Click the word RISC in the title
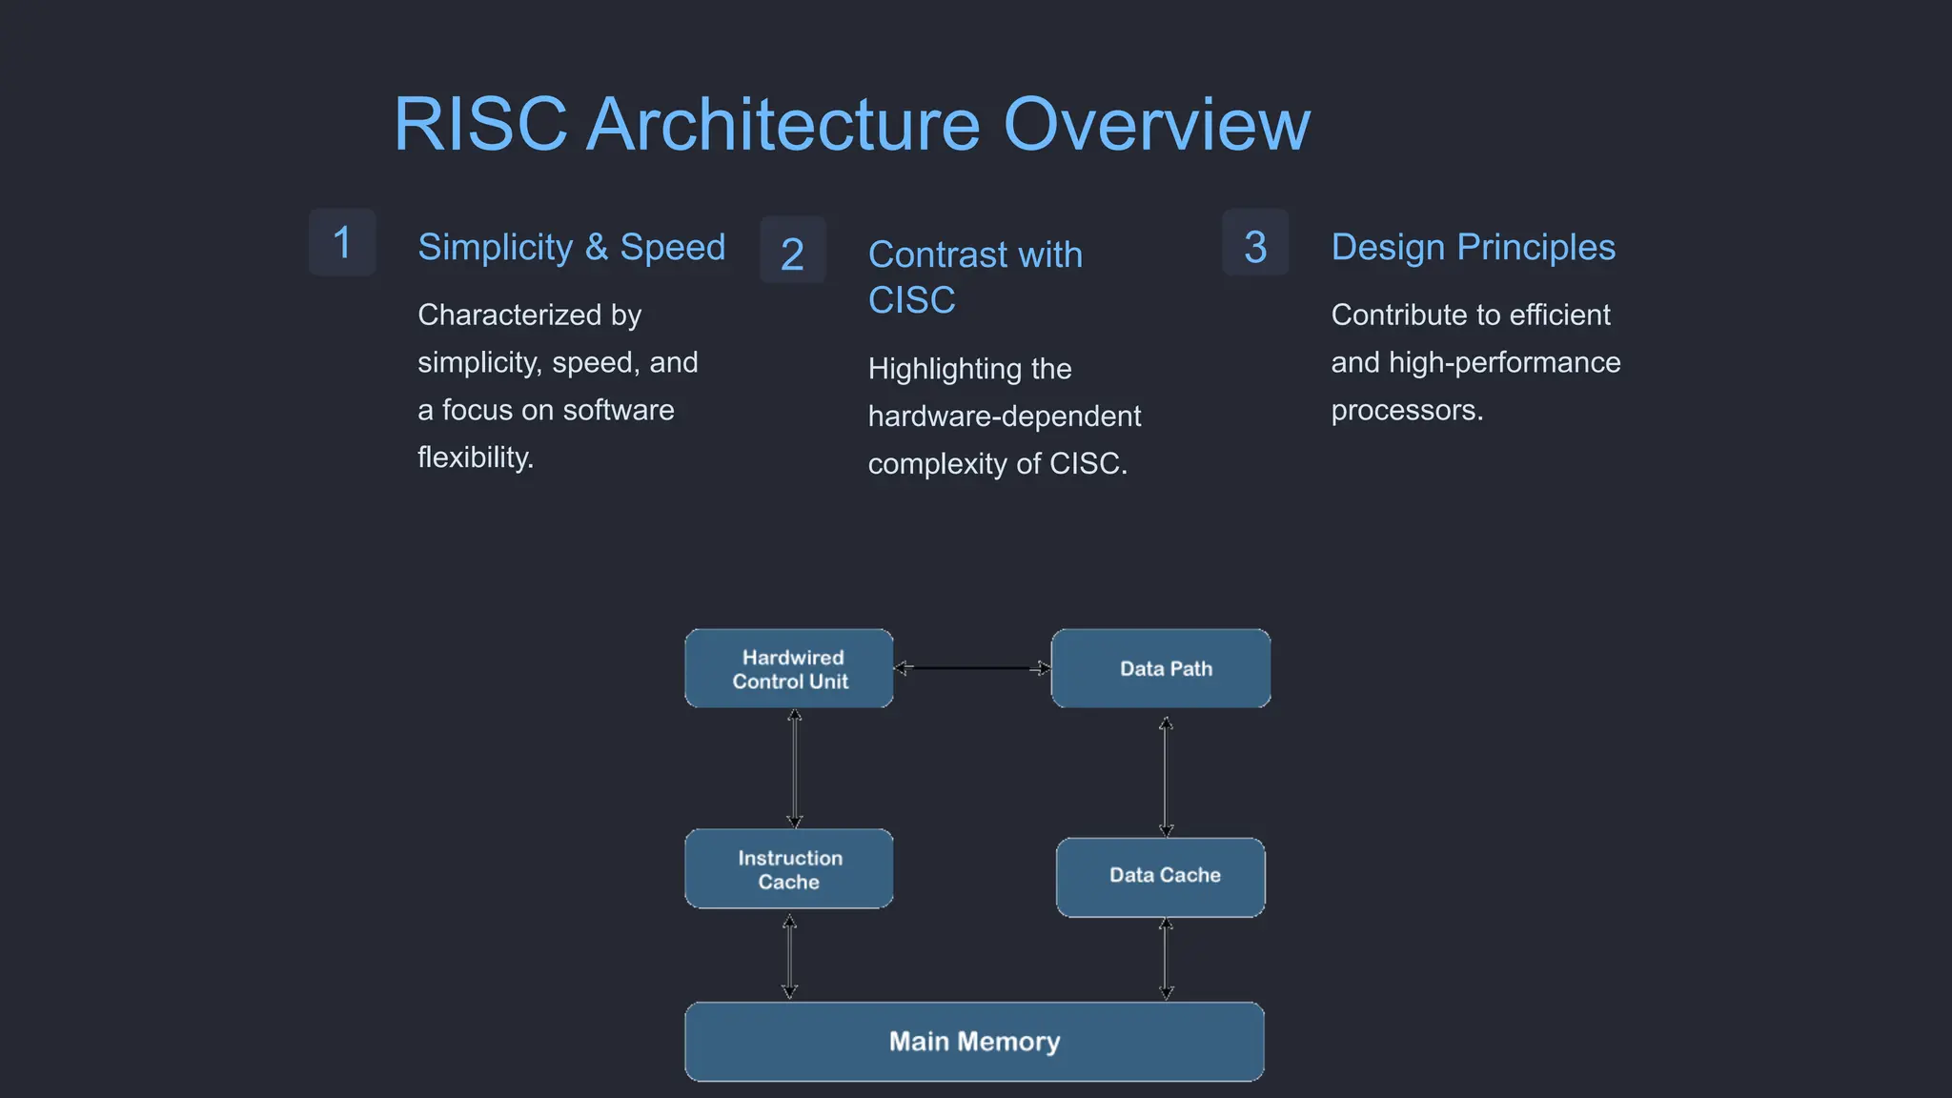click(x=480, y=125)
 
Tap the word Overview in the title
click(x=1156, y=125)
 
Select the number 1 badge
click(x=342, y=242)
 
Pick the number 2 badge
click(x=792, y=254)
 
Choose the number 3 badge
click(x=1255, y=246)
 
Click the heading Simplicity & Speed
click(x=571, y=247)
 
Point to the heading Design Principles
click(x=1473, y=247)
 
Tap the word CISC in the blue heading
click(x=911, y=300)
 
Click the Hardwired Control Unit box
click(x=789, y=668)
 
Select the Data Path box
click(x=1161, y=668)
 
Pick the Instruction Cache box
click(x=789, y=869)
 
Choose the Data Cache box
click(x=1161, y=877)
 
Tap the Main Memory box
click(x=974, y=1041)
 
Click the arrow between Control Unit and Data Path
click(x=972, y=668)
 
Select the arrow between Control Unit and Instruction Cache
click(x=794, y=768)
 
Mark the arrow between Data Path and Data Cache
click(x=1166, y=776)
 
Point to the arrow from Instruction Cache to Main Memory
click(x=789, y=956)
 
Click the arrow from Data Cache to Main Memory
click(x=1166, y=959)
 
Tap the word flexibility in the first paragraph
click(x=474, y=458)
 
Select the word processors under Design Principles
click(x=1406, y=411)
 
